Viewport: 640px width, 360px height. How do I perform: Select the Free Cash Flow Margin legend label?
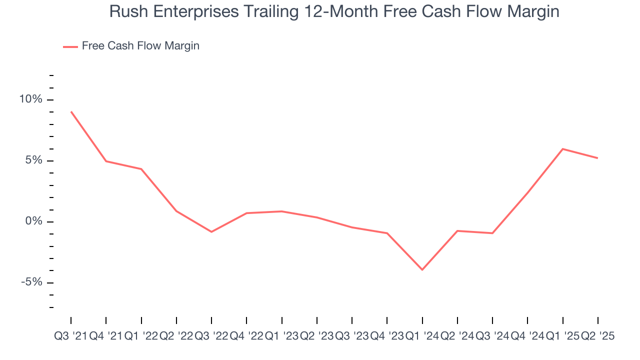click(140, 46)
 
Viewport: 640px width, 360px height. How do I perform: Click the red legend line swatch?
click(70, 46)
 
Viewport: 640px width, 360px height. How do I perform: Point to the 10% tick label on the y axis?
click(30, 99)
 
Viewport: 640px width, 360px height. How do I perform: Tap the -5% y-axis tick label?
click(31, 282)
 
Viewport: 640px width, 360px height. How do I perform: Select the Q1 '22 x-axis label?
click(141, 336)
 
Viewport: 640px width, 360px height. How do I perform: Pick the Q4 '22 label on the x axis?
click(246, 336)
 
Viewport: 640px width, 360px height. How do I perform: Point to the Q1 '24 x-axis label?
click(422, 336)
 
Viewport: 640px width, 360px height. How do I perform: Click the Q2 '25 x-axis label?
click(598, 336)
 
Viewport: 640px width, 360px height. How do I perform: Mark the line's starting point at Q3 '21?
click(71, 111)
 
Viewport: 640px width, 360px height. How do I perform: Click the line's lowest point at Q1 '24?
click(422, 270)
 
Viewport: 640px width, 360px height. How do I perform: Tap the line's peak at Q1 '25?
click(563, 149)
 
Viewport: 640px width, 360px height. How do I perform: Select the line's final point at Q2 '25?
click(598, 158)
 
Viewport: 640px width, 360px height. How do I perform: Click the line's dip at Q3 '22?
click(211, 232)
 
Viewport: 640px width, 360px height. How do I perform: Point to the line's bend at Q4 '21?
click(106, 161)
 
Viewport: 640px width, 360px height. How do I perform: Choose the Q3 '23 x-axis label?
click(352, 336)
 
